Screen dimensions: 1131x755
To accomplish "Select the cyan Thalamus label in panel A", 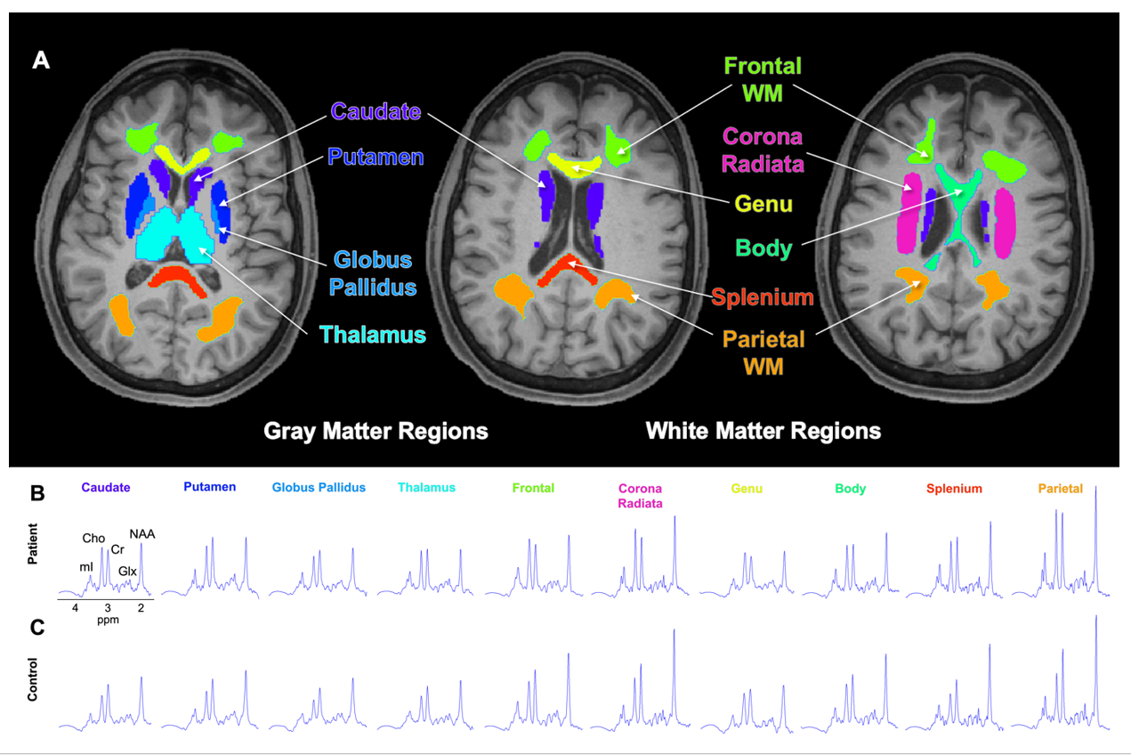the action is (x=373, y=335).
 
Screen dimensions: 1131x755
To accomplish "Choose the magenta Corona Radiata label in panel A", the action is (x=763, y=150).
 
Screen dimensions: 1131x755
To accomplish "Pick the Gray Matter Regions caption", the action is (x=376, y=432).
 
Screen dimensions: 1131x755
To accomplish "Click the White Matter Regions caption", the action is (x=763, y=432).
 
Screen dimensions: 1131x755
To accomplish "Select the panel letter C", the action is (x=37, y=627).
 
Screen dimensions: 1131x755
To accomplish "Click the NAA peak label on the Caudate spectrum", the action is (x=142, y=533).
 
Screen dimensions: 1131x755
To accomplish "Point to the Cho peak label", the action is (x=93, y=538).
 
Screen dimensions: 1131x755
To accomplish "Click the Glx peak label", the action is (x=129, y=570).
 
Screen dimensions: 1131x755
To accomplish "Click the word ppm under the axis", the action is (x=109, y=619).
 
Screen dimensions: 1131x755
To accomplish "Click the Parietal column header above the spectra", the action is (x=1060, y=488).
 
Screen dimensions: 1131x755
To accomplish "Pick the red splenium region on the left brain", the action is (x=178, y=277).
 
